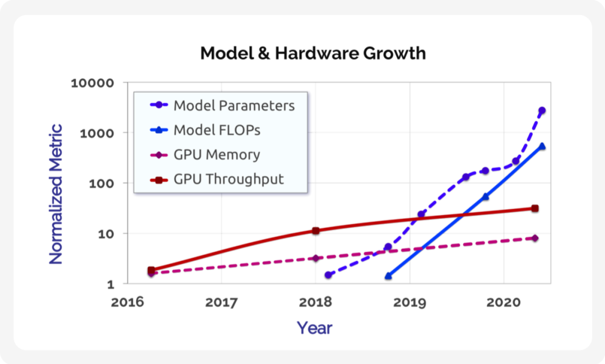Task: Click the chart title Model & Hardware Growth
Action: pyautogui.click(x=313, y=53)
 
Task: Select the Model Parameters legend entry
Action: pyautogui.click(x=234, y=105)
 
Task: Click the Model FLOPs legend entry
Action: pyautogui.click(x=217, y=130)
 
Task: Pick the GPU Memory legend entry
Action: pyautogui.click(x=216, y=155)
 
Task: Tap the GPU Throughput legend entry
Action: pyautogui.click(x=229, y=179)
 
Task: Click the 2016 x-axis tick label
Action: pyautogui.click(x=128, y=303)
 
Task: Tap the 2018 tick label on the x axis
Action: pyautogui.click(x=316, y=303)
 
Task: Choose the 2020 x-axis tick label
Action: pyautogui.click(x=504, y=303)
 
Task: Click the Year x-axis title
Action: pyautogui.click(x=314, y=328)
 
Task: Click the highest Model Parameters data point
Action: pyautogui.click(x=542, y=110)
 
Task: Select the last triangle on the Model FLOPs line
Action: pyautogui.click(x=542, y=146)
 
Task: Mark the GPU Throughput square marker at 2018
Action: pyautogui.click(x=316, y=231)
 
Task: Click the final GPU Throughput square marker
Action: pyautogui.click(x=535, y=209)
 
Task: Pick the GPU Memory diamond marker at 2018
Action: pyautogui.click(x=316, y=258)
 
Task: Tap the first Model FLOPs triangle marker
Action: pyautogui.click(x=388, y=276)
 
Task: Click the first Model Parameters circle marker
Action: pyautogui.click(x=328, y=275)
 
